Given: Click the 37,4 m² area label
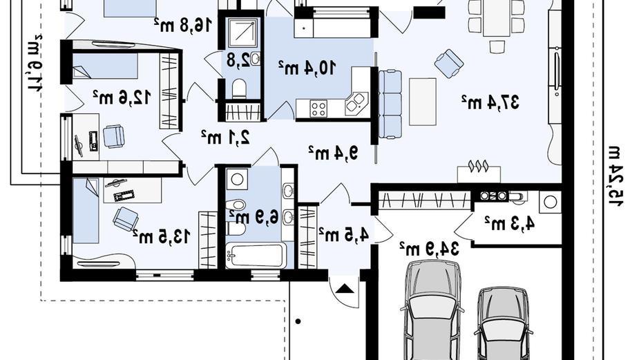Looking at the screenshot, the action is click(490, 102).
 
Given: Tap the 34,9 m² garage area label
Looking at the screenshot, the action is click(429, 248).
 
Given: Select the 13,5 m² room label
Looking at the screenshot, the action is click(161, 236).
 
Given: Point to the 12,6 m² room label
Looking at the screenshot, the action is click(122, 97).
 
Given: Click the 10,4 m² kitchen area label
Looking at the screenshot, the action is click(307, 68).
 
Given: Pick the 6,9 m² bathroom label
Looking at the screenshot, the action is click(254, 218).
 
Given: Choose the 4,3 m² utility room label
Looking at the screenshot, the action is click(510, 223).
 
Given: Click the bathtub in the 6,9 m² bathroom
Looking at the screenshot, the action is click(256, 256).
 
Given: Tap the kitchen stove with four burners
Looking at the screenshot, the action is click(318, 108).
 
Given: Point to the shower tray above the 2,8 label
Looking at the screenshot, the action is click(240, 30).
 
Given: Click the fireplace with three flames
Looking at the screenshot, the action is click(479, 172).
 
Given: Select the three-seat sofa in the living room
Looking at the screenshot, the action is click(390, 104).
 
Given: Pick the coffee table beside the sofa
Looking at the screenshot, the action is click(423, 102).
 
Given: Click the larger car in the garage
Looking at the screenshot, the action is click(432, 310).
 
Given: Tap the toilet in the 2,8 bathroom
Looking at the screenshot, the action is click(240, 89).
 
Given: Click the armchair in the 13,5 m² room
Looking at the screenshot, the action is click(126, 219).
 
